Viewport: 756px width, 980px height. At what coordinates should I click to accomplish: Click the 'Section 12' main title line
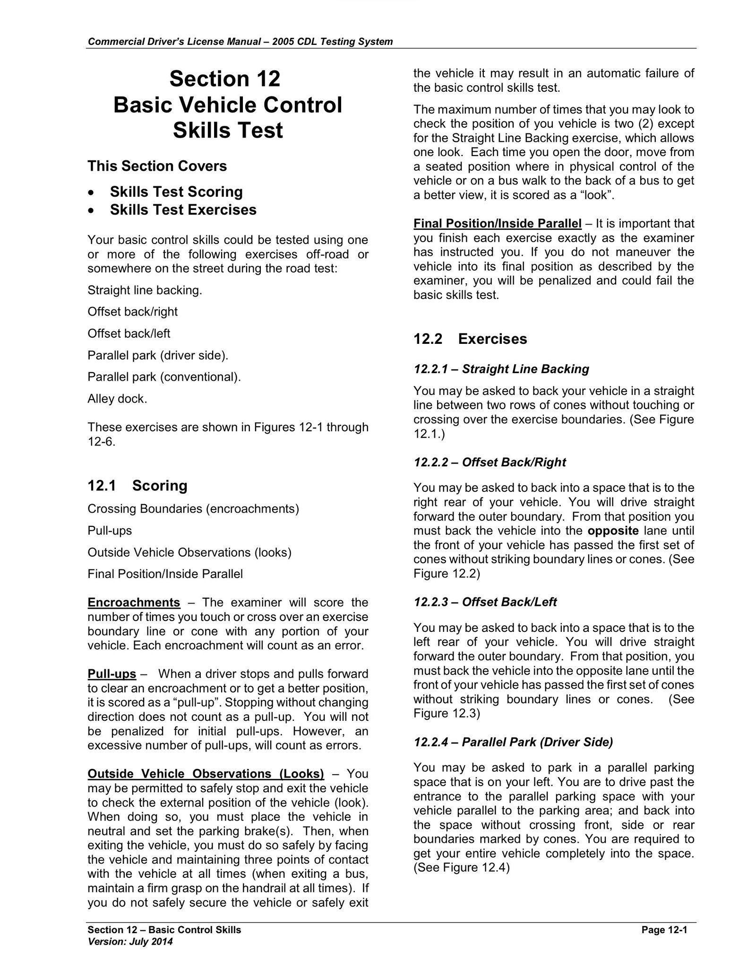(x=224, y=79)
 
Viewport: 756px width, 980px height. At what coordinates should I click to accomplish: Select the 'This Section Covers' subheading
(x=157, y=166)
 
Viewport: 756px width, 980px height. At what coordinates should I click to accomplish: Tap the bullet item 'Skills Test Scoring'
(x=176, y=192)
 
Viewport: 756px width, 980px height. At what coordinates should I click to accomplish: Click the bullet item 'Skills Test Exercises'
(x=183, y=210)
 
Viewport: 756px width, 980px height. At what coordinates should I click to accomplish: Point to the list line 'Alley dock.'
(x=117, y=399)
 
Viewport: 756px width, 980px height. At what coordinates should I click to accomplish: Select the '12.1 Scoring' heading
(x=137, y=485)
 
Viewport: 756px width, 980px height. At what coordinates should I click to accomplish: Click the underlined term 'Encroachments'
(x=134, y=602)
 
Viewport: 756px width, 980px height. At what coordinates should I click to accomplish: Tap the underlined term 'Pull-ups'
(x=112, y=674)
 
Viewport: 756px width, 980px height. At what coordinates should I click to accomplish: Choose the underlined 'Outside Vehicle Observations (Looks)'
(x=206, y=773)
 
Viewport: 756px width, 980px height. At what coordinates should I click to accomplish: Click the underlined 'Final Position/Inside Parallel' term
(x=497, y=223)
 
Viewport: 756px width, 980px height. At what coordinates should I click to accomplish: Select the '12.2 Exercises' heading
(x=470, y=339)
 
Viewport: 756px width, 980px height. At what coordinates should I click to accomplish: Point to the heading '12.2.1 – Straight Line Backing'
(x=501, y=369)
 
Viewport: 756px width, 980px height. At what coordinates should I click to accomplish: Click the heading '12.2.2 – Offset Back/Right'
(x=490, y=462)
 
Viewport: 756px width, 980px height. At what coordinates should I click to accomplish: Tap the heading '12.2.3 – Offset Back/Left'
(x=485, y=602)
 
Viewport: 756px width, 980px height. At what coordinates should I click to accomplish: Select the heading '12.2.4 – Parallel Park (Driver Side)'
(x=513, y=742)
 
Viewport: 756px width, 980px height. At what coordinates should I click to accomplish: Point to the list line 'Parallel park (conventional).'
(x=164, y=377)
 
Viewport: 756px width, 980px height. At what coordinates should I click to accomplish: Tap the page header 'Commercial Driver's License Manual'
(x=174, y=42)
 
